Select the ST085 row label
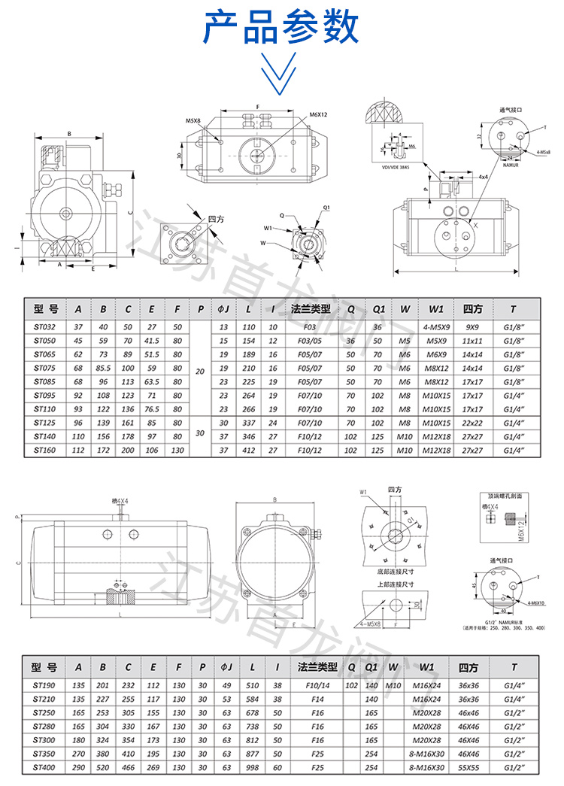46,382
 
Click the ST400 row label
46,768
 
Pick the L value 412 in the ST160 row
248,450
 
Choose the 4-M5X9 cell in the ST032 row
437,328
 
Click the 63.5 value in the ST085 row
151,382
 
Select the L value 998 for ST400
252,768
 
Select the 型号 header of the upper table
46,308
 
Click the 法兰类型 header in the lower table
313,667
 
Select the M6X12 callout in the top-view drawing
319,115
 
